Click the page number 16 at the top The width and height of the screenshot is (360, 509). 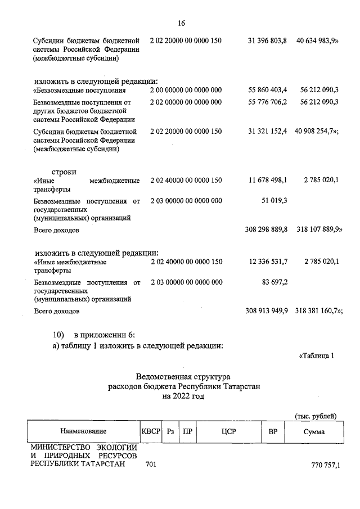181,24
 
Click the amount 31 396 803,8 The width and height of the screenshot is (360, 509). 267,41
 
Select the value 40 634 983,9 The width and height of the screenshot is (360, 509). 318,41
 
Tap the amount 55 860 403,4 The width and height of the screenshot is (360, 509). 267,90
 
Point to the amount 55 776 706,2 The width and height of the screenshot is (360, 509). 267,102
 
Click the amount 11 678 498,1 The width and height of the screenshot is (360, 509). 267,180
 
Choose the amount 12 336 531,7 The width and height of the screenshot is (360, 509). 267,262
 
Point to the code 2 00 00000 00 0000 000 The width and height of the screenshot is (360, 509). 186,90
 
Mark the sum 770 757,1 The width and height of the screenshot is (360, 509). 326,465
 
